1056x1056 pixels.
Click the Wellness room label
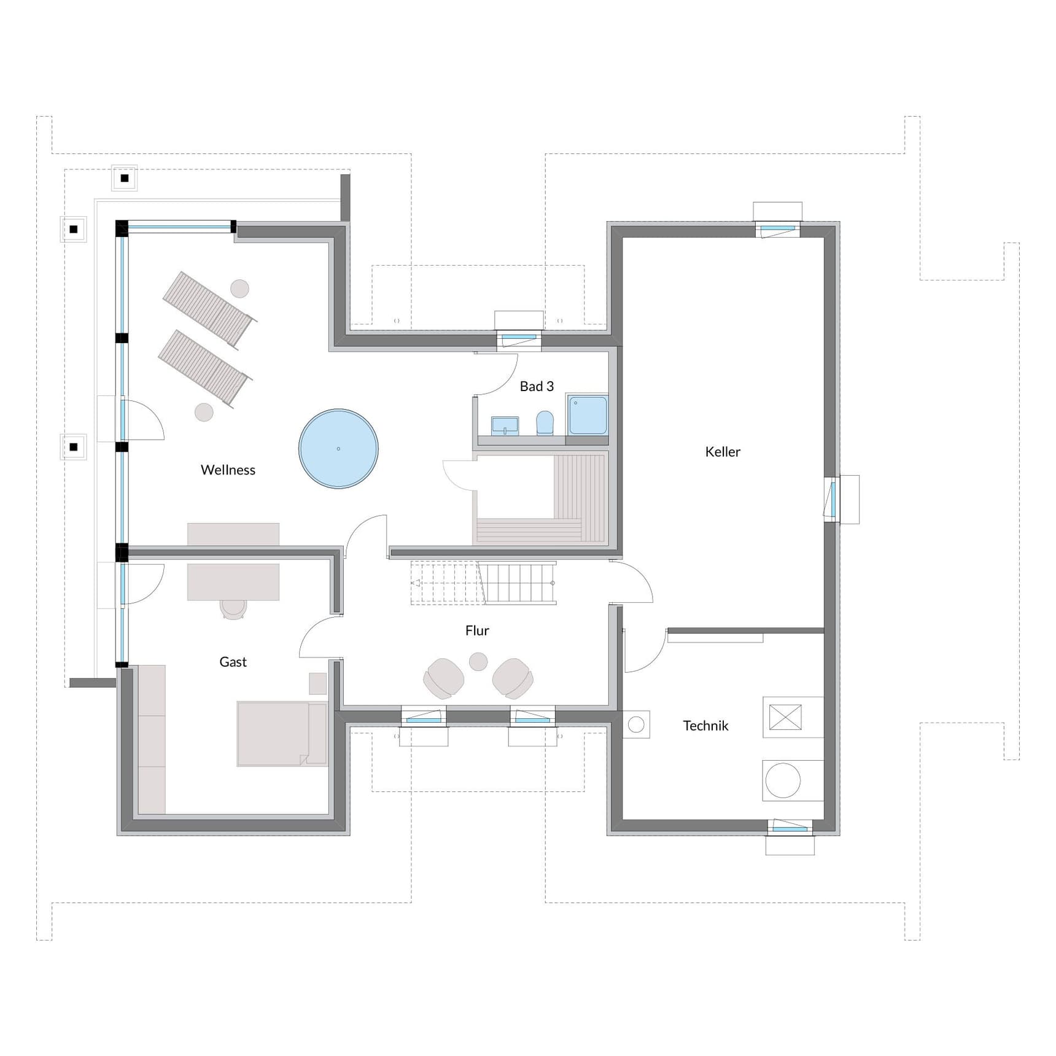click(228, 470)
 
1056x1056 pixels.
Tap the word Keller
click(723, 452)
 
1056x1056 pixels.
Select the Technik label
click(705, 726)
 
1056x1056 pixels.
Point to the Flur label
click(477, 631)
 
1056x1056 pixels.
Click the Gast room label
click(233, 662)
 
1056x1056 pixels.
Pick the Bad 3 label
click(537, 386)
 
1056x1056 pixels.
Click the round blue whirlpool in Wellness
click(338, 449)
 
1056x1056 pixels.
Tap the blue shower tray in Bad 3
click(588, 415)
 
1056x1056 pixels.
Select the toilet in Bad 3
click(545, 423)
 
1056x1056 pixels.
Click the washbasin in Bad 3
click(505, 425)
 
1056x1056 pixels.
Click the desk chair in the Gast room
click(233, 608)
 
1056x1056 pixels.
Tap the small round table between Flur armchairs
click(478, 661)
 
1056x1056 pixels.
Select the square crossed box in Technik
click(785, 717)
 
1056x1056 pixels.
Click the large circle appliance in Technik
click(783, 780)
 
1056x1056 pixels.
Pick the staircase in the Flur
click(484, 583)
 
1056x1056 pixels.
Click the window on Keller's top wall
click(778, 229)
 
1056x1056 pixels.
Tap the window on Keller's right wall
click(833, 499)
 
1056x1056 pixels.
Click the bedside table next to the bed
click(317, 683)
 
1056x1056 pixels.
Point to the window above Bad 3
click(519, 337)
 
